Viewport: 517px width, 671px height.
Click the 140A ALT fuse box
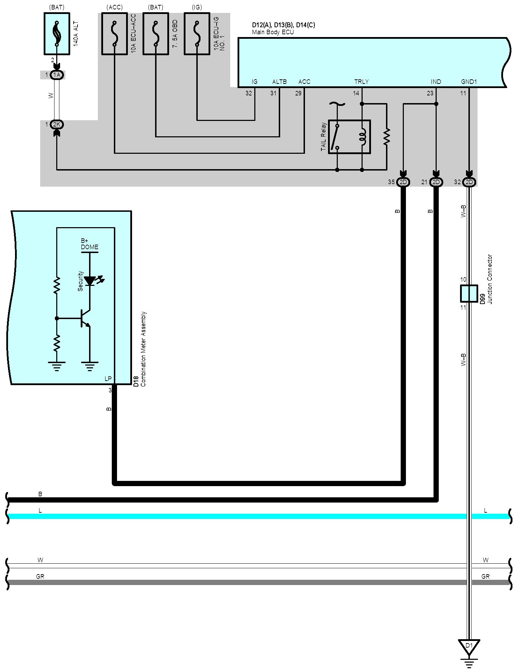point(57,34)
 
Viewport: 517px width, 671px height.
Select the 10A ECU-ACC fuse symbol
point(114,34)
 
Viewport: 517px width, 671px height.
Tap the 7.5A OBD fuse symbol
point(155,34)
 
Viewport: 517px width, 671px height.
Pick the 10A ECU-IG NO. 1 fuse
point(197,34)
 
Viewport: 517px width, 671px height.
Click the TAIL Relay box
point(349,137)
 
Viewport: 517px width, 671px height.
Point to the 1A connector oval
point(57,75)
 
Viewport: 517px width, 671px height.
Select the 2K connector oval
point(57,124)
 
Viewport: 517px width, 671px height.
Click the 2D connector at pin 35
point(403,182)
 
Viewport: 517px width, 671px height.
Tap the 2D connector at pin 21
point(436,182)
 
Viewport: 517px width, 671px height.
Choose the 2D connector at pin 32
point(469,182)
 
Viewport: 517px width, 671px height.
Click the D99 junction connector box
point(469,294)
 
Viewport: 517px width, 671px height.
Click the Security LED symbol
point(90,281)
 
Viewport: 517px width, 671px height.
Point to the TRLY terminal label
point(362,82)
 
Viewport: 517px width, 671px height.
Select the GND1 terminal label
point(469,82)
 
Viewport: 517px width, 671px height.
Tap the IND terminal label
point(436,82)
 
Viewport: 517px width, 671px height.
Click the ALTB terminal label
point(279,82)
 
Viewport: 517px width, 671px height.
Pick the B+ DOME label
point(89,244)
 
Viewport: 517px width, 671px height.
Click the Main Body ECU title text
point(273,32)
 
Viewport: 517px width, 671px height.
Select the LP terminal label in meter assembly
point(108,379)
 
